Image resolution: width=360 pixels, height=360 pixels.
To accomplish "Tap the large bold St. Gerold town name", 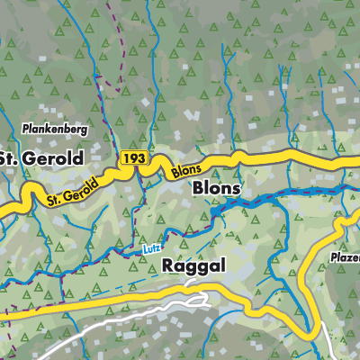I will point(41,158).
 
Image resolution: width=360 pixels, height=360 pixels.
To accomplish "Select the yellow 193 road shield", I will point(133,157).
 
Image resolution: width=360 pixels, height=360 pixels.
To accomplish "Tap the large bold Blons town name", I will point(216,189).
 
